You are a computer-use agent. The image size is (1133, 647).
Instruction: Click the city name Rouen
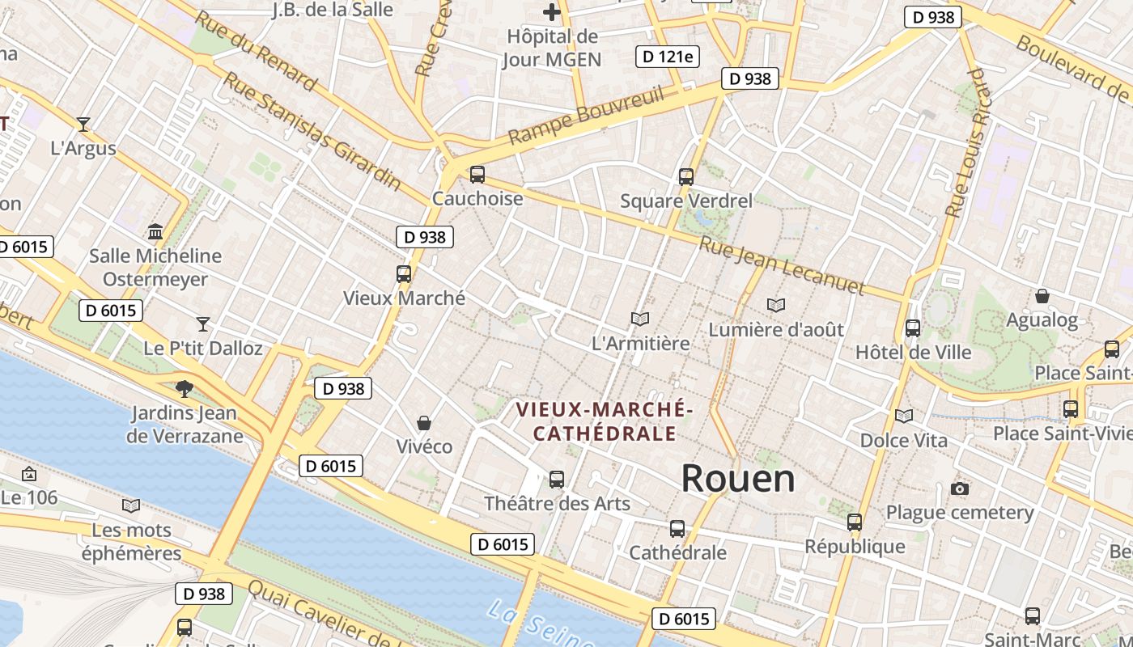coord(737,479)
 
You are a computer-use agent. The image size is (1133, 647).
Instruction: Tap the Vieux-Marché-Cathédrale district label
coord(605,421)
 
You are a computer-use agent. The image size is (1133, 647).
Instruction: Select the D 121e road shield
coord(668,57)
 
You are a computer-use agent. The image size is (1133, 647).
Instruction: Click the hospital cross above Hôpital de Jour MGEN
coord(551,12)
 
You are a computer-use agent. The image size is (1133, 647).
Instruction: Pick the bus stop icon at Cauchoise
coord(477,174)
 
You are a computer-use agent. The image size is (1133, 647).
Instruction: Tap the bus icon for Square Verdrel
coord(686,176)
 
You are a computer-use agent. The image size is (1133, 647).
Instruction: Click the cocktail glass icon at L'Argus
coord(83,124)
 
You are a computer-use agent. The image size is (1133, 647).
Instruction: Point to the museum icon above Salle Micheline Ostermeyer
coord(155,232)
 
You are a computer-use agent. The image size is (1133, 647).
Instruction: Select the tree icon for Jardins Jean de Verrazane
coord(185,389)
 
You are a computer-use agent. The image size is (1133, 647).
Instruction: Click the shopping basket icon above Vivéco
coord(423,423)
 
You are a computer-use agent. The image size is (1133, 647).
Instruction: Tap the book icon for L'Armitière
coord(640,319)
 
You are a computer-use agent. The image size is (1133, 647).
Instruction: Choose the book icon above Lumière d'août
coord(776,306)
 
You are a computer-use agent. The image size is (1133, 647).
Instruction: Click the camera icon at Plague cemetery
coord(960,488)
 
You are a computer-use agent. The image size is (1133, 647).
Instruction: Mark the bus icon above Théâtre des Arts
coord(557,479)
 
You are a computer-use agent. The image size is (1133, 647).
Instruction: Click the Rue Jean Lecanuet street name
coord(782,265)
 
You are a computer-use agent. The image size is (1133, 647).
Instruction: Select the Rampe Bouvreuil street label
coord(586,116)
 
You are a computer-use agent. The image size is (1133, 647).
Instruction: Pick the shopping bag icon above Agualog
coord(1042,296)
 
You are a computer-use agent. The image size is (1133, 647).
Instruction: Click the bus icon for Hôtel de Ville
coord(913,328)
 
